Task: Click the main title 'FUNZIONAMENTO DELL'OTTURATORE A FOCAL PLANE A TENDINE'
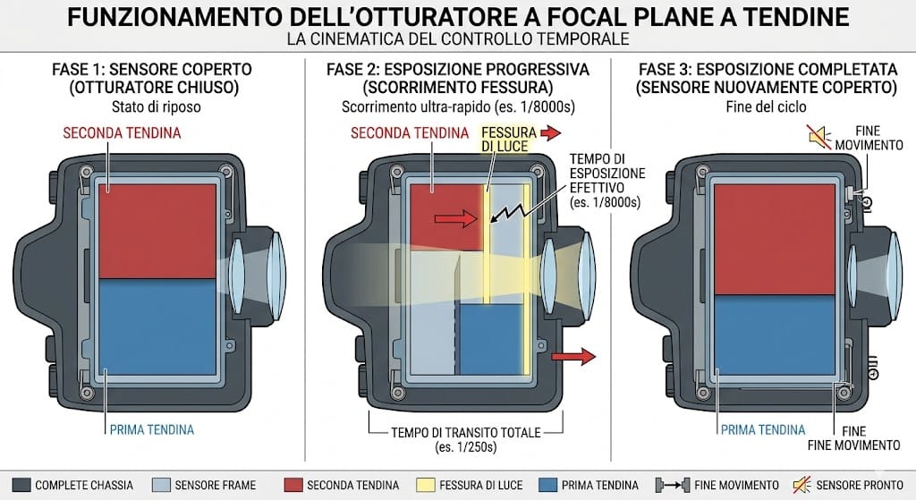click(458, 16)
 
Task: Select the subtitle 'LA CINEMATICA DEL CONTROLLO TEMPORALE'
click(458, 39)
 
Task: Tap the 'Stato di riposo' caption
click(156, 107)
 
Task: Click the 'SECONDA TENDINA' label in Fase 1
click(122, 133)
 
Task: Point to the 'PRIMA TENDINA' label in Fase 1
click(152, 430)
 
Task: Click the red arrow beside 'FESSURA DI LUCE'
click(550, 133)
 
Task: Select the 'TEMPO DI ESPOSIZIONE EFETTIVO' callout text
click(607, 181)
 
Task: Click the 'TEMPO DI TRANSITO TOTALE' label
click(465, 433)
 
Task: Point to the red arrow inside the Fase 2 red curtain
click(455, 218)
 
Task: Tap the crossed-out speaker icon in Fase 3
click(820, 137)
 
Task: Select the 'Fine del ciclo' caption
click(766, 107)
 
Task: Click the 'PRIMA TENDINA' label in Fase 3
click(763, 430)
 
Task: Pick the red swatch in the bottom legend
click(293, 485)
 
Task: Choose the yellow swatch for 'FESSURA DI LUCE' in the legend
click(426, 485)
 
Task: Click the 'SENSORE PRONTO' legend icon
click(802, 485)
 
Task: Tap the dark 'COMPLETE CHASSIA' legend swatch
click(21, 485)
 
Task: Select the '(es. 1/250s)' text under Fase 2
click(465, 447)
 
